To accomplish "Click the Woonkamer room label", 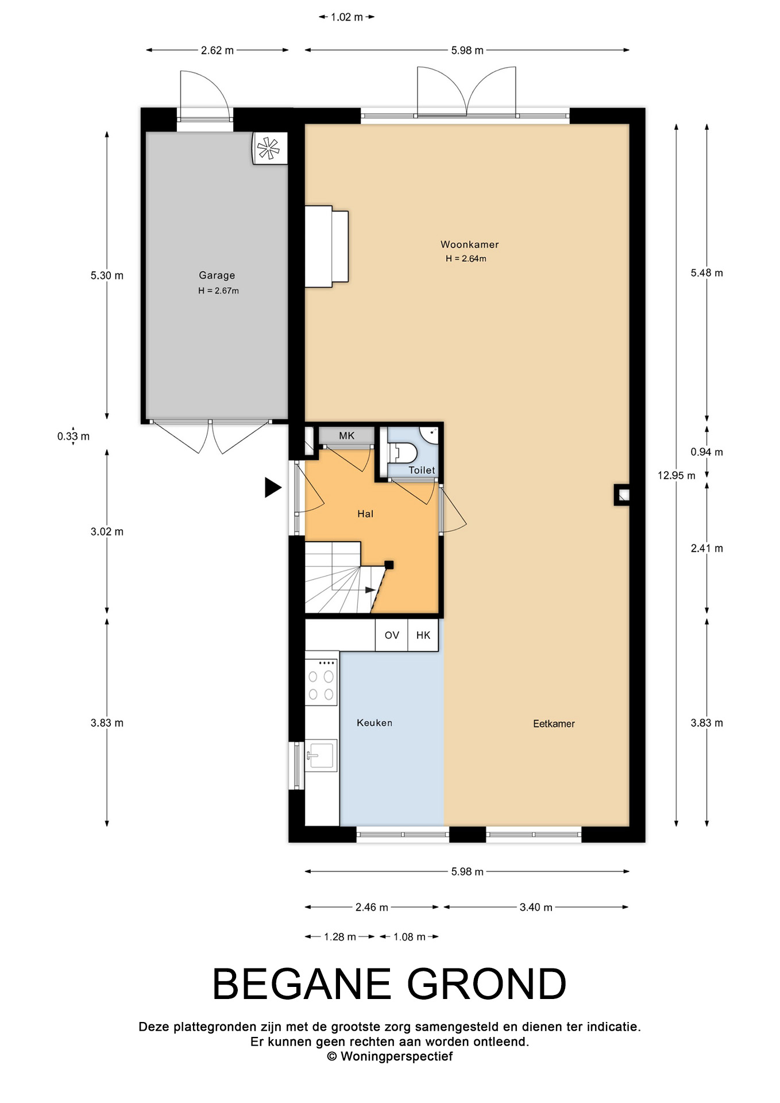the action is (469, 245).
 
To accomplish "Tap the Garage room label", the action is (217, 276).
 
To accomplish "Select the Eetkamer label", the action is (554, 724).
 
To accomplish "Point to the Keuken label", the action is (374, 723).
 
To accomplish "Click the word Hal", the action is (365, 514).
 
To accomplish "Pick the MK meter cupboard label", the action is (346, 436).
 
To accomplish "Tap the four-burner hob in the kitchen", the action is (321, 682).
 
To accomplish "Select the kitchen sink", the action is (321, 756).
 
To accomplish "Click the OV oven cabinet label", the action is (392, 635).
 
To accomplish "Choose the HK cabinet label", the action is (423, 635).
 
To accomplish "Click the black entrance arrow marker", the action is (273, 488).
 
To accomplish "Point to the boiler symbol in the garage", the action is (269, 149).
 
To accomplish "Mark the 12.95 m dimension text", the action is (677, 476).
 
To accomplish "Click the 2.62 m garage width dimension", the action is (217, 51).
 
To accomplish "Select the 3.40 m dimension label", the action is (536, 907).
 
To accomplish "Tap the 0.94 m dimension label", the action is (706, 452).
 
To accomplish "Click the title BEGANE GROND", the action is (389, 984).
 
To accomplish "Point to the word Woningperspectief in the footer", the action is (396, 1056).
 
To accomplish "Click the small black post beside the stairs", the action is (389, 565).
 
